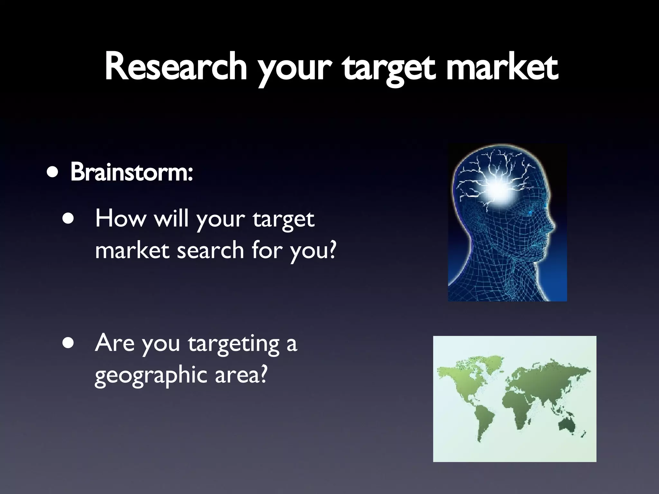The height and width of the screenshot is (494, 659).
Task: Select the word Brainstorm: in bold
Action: [131, 172]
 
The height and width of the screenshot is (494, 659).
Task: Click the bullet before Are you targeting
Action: [68, 343]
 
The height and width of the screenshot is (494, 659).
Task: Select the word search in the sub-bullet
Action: [210, 250]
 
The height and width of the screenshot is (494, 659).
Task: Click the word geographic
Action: [151, 375]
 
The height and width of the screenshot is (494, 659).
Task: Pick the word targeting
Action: [234, 343]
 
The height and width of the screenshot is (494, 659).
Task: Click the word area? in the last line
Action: [241, 375]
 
